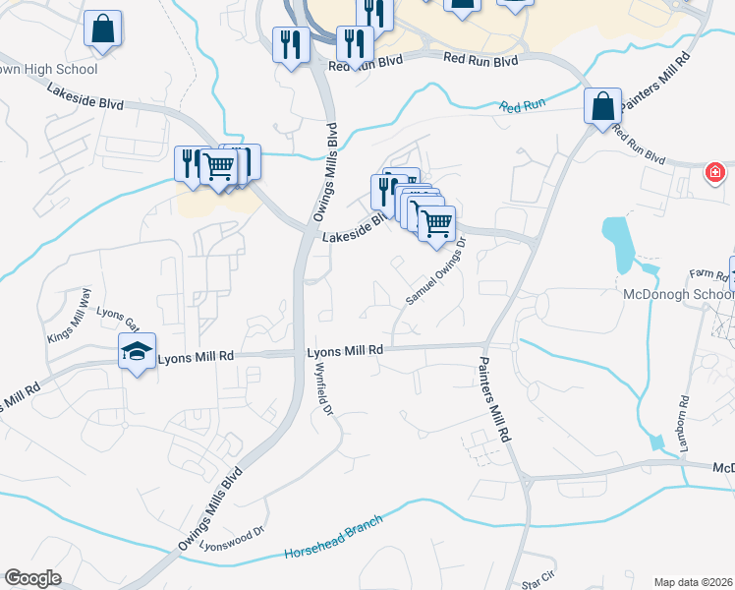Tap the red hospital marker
point(715,173)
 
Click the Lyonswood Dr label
point(233,538)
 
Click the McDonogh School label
point(678,294)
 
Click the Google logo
point(31,578)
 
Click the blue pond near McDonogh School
point(619,244)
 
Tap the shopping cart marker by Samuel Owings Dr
point(436,222)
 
